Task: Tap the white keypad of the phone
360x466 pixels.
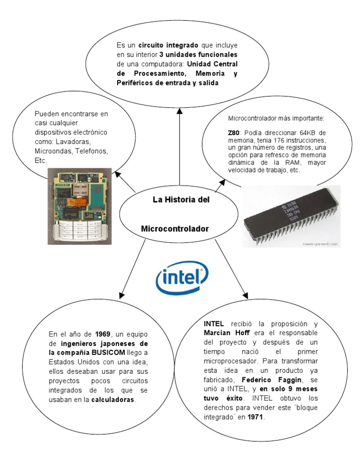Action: pyautogui.click(x=78, y=230)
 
